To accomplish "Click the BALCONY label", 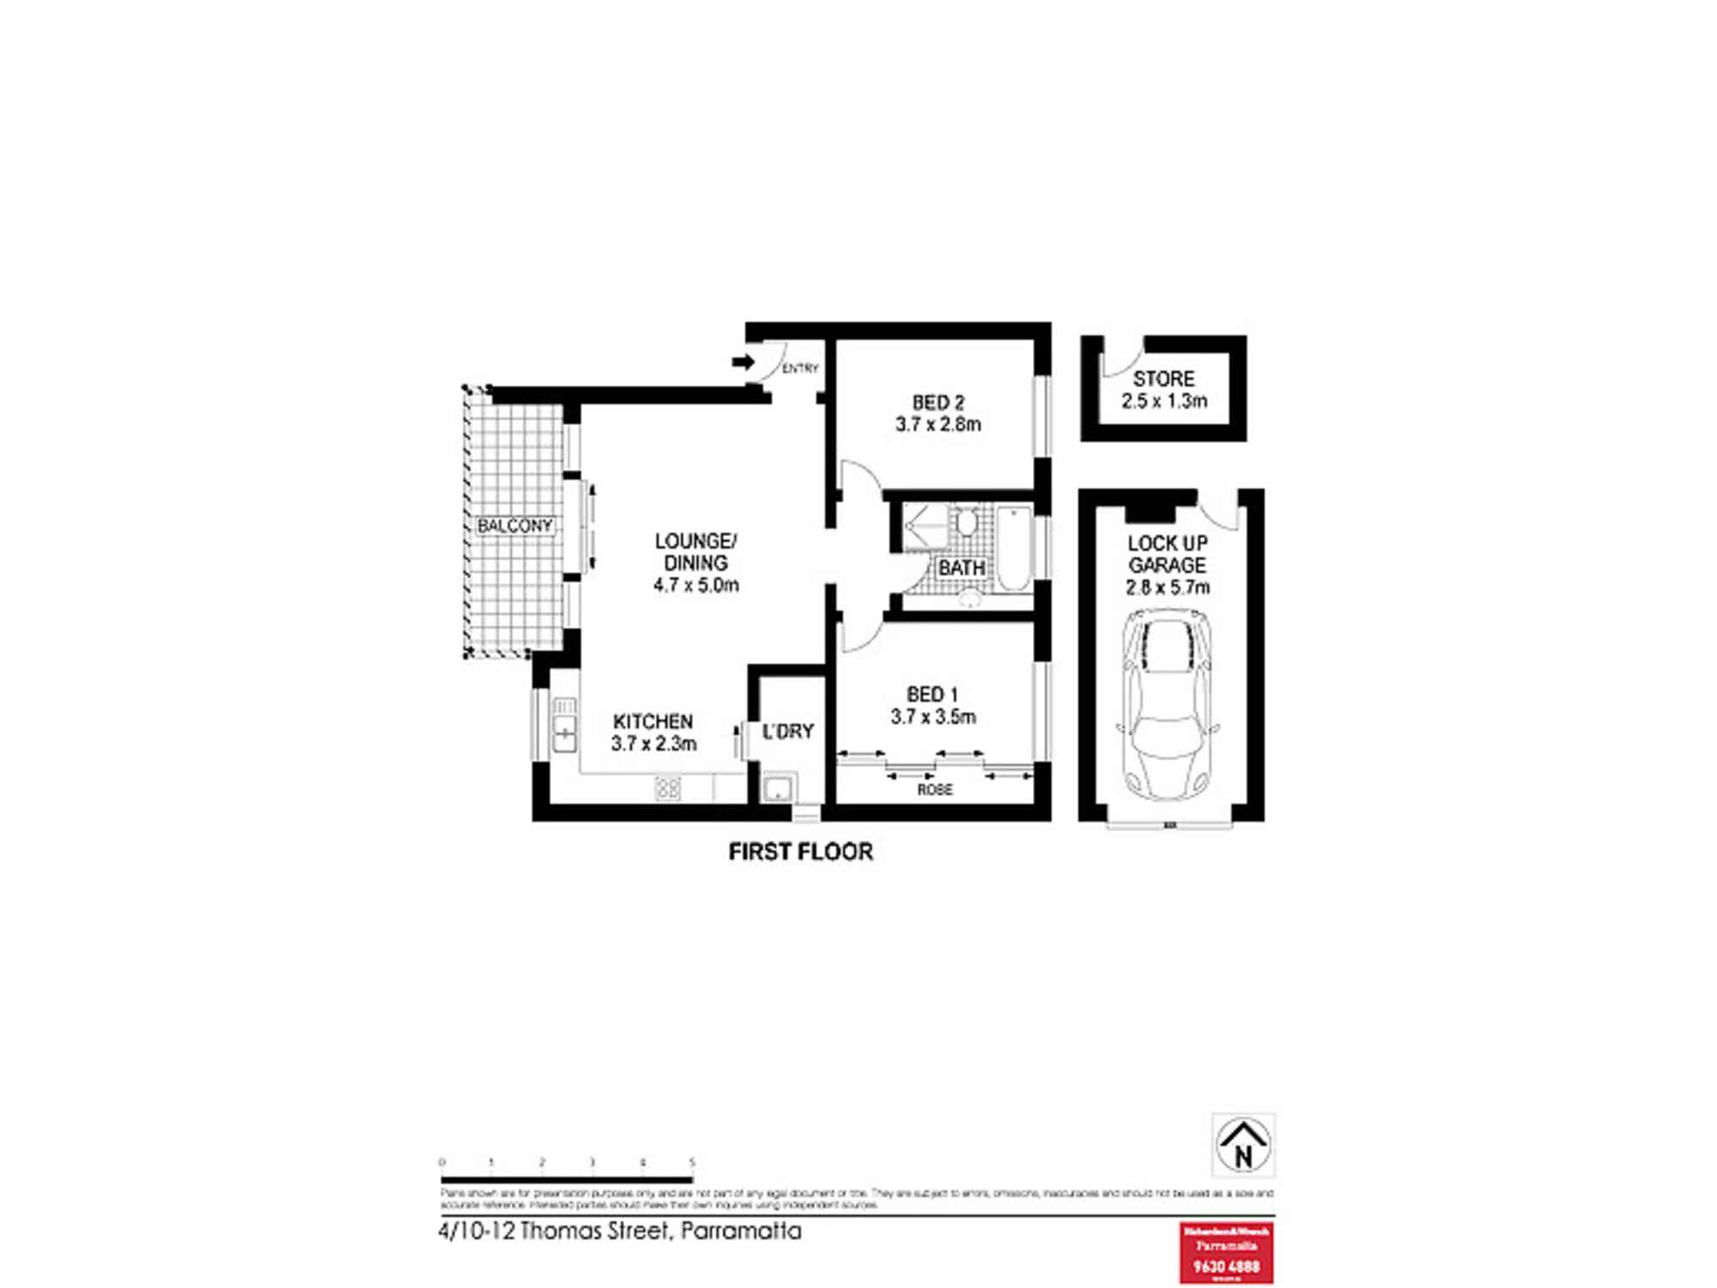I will tap(514, 526).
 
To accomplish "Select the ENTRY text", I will tap(800, 368).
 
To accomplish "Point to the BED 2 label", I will tap(937, 402).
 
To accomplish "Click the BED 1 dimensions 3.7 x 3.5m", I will tap(933, 716).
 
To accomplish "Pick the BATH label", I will tap(962, 568).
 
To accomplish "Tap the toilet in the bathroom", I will tap(968, 521).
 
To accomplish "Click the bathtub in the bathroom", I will tap(1014, 548).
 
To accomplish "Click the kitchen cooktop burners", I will tap(668, 787).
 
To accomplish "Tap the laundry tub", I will tap(779, 788).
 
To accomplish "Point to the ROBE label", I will tap(935, 789).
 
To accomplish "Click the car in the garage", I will tap(1168, 704).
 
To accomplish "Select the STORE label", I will tap(1163, 379).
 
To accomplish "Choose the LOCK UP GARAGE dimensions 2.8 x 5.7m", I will tap(1168, 587).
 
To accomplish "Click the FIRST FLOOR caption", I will tap(800, 851).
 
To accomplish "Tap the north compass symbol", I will tap(1243, 1145).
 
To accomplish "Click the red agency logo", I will tap(1226, 1253).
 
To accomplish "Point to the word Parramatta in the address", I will tap(740, 1231).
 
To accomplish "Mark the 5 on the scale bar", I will tap(692, 1163).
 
